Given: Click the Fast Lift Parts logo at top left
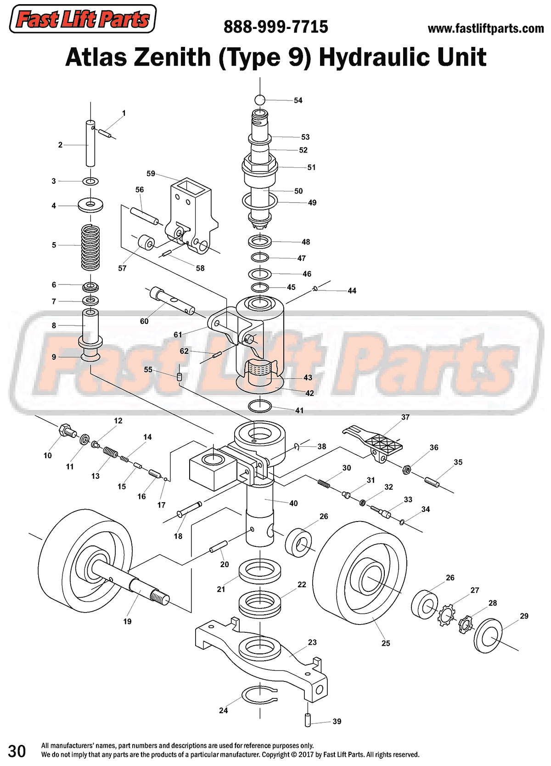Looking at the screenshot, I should (x=83, y=19).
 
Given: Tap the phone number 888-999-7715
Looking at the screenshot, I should (x=275, y=27).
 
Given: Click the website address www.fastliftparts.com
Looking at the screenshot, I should (x=485, y=29).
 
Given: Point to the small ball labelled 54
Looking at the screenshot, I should (x=260, y=100).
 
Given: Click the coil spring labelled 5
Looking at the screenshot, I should (x=90, y=247).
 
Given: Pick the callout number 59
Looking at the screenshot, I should (x=151, y=174).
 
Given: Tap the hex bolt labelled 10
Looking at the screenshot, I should (x=67, y=431).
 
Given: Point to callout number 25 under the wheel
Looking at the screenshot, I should (x=386, y=643).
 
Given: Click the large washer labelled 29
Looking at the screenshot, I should (x=488, y=636).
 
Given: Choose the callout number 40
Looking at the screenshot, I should (x=293, y=503).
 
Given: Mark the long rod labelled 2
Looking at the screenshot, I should (x=90, y=143).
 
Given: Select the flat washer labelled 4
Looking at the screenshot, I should (x=90, y=205).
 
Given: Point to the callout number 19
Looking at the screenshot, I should (x=127, y=621).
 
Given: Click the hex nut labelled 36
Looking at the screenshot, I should (x=406, y=470).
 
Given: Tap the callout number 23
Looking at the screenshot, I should (x=312, y=642).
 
